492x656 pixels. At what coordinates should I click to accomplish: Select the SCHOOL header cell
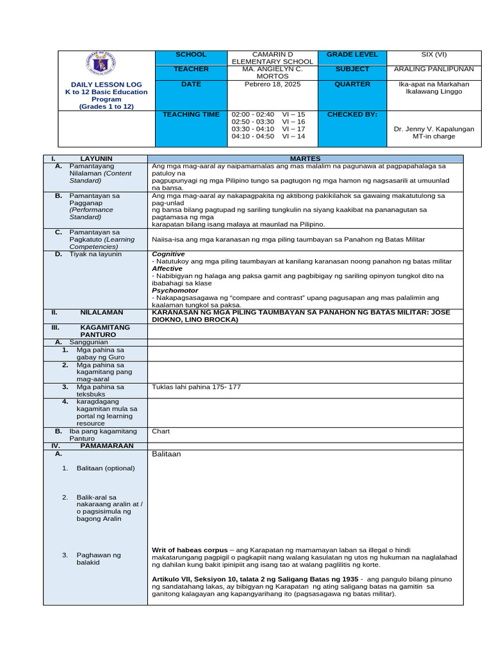191,54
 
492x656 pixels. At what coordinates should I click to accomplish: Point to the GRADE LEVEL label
352,54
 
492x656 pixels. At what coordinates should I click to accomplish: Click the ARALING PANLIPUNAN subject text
434,69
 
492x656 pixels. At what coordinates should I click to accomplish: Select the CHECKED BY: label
352,115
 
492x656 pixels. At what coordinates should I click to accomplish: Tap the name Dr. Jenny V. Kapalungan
434,129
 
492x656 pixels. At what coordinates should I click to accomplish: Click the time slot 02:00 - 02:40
252,115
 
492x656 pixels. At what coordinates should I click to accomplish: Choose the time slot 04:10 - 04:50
252,136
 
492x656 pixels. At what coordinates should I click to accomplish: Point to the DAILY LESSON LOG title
106,85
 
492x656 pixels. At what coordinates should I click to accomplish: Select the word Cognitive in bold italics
168,254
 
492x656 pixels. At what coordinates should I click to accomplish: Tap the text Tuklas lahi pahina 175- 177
196,387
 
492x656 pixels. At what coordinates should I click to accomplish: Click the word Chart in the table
161,431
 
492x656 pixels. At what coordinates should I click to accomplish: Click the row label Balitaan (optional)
106,468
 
